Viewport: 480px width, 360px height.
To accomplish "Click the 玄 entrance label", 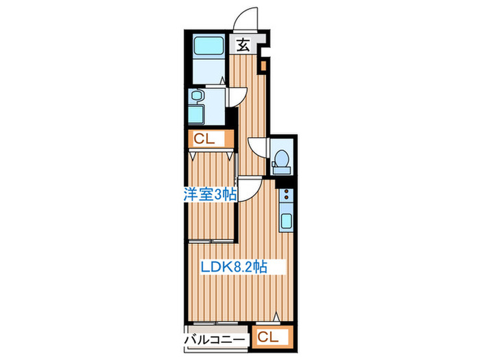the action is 243,45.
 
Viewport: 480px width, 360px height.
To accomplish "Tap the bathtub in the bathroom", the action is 208,46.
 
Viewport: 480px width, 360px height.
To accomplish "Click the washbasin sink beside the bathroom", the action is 195,95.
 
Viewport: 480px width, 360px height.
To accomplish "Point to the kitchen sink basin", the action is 286,221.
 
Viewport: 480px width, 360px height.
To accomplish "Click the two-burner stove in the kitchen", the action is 286,194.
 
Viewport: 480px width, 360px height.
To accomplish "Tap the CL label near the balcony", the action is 268,337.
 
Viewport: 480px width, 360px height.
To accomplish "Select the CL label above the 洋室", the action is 204,139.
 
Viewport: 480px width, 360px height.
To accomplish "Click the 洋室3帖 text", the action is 210,194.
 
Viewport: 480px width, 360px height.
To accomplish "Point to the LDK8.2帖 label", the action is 234,267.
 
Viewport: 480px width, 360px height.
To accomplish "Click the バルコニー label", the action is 215,340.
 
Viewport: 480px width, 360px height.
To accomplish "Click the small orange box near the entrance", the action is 263,66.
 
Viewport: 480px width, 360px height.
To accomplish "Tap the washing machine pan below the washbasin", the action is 196,114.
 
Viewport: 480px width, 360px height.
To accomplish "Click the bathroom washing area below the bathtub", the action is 208,71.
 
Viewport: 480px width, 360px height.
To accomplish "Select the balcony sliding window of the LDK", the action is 216,323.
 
